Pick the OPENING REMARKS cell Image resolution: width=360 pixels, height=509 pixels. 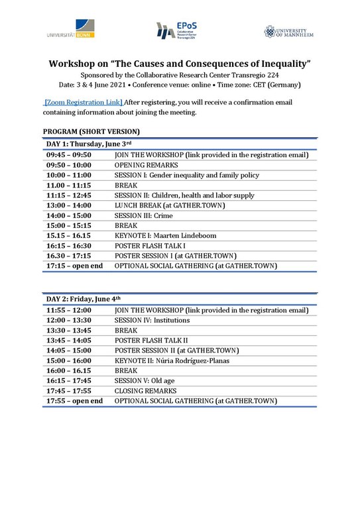[x=146, y=165]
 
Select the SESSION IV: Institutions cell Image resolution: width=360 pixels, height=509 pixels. [x=152, y=320]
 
